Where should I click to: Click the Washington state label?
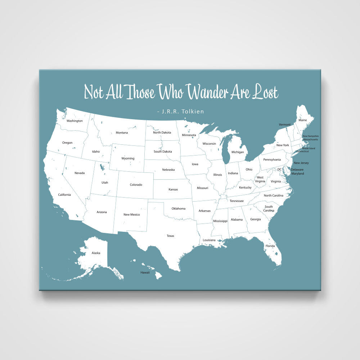pos(75,121)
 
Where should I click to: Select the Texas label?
pos(170,236)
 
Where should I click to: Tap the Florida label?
pos(270,246)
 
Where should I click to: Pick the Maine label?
pos(303,120)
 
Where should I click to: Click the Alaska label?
pos(96,253)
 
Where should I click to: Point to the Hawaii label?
pos(145,273)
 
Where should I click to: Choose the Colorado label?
pos(136,185)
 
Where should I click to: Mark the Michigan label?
pos(238,152)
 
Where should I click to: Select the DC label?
pos(279,169)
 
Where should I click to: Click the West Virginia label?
pos(260,179)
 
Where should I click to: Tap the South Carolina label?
pos(269,208)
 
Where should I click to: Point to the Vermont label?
pos(285,125)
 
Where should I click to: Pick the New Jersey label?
pos(301,163)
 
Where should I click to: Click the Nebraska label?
pos(168,170)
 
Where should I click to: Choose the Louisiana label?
pos(209,240)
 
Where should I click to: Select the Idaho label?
pos(96,152)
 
